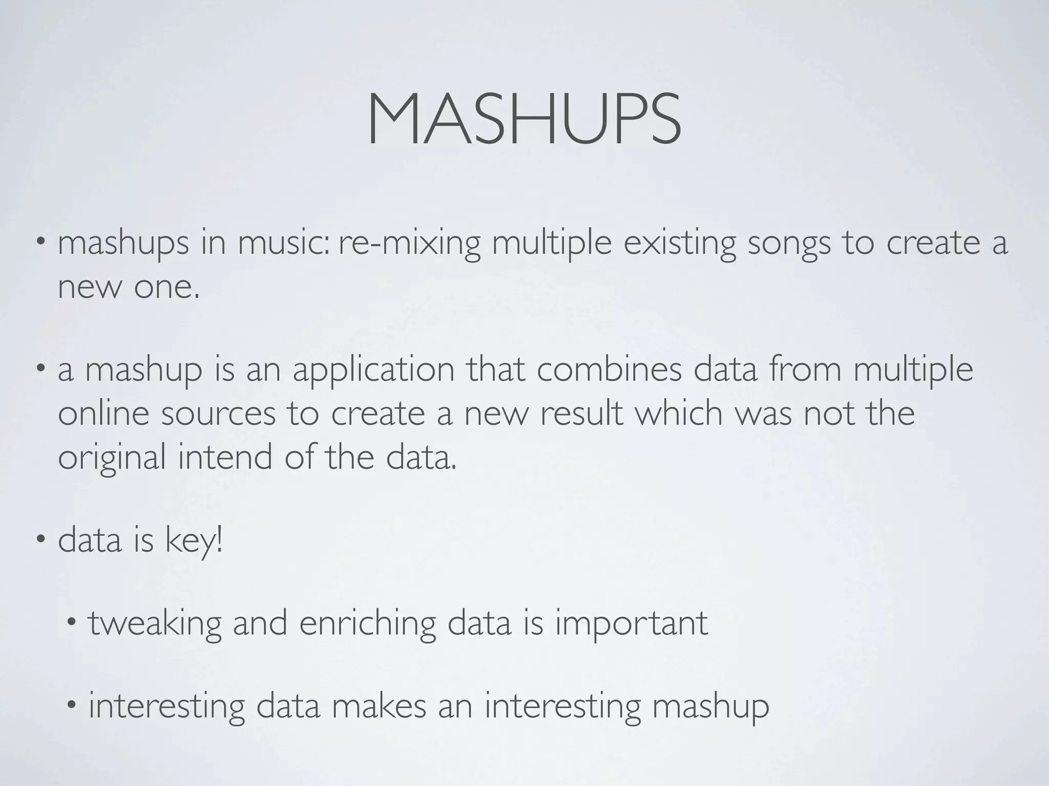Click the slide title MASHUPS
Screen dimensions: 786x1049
pyautogui.click(x=524, y=121)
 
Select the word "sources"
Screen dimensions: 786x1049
pyautogui.click(x=218, y=413)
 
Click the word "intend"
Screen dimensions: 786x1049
pyautogui.click(x=225, y=456)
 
